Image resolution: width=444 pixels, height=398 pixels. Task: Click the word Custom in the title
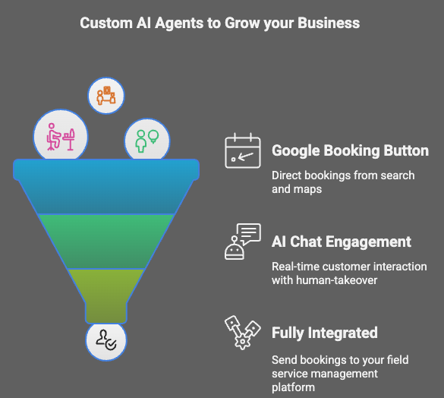coord(106,23)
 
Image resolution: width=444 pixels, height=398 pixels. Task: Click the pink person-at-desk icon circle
coord(61,136)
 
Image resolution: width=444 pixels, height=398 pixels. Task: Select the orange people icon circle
coord(106,96)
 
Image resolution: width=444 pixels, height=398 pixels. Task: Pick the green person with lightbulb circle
coord(147,140)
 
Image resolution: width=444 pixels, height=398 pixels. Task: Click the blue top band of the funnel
coord(106,185)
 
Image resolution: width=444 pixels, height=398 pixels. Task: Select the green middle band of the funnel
coord(106,242)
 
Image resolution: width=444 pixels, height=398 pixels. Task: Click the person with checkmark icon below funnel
coord(106,341)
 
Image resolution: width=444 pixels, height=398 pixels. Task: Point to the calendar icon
coord(243,151)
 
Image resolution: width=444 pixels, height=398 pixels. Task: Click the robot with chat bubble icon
coord(243,242)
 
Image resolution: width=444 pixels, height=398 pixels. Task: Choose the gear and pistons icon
coord(242,333)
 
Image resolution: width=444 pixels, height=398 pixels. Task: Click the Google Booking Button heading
coord(351,150)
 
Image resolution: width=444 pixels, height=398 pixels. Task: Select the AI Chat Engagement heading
coord(342,242)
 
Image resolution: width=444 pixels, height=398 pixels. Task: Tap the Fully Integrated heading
coord(325,333)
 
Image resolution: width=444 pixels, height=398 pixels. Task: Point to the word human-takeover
coord(337,280)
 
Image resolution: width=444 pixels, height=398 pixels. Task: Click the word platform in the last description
coord(294,387)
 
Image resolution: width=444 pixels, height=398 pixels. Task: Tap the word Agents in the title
coord(179,24)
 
